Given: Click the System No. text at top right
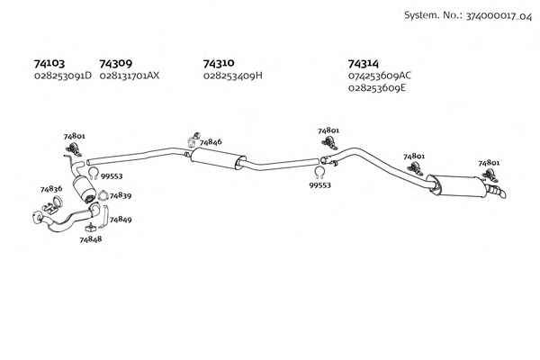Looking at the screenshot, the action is point(468,16).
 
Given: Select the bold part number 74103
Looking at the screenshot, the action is point(49,63).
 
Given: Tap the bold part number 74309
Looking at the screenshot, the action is point(116,63).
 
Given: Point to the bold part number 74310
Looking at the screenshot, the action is point(219,63).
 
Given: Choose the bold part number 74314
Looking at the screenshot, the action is point(364,64).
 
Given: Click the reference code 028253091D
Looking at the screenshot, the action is point(63,76).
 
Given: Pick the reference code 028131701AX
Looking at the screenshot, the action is point(130,76).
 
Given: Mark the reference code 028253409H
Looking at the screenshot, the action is point(233,75).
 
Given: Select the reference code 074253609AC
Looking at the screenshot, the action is point(380,76).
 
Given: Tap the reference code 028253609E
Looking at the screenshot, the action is point(377,88).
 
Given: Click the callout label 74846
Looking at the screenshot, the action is point(211,142).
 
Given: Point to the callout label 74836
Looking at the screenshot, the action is point(51,189).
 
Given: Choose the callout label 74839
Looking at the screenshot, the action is point(121,195).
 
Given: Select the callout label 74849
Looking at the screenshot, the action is point(121,219).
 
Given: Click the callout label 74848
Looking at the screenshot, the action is point(91,239).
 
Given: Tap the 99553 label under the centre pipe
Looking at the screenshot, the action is point(319,185).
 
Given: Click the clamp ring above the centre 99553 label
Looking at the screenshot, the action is point(319,172).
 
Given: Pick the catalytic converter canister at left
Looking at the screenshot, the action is point(85,188).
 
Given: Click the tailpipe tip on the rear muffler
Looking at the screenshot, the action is point(498,191).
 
